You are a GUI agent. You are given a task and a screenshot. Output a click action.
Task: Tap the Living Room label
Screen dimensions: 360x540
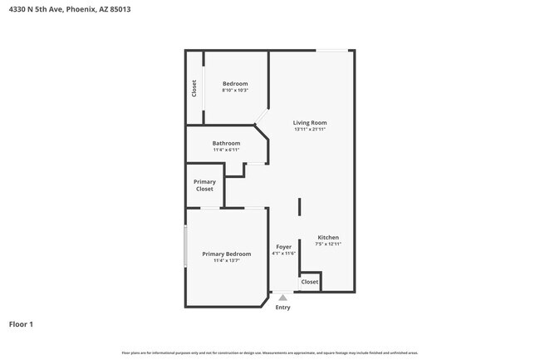tap(310, 123)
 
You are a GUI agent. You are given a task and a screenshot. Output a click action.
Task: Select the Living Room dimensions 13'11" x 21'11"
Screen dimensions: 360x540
tap(310, 130)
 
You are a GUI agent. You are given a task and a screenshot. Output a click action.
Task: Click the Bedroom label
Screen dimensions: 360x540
tap(235, 84)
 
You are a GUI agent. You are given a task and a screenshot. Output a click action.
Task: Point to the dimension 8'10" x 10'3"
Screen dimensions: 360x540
tap(235, 91)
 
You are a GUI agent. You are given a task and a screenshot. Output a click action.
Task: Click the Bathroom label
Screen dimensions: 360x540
tap(226, 143)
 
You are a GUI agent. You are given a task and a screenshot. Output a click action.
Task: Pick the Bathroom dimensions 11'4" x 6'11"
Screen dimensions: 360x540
tap(226, 150)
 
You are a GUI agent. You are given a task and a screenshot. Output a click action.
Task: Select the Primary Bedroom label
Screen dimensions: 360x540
tap(226, 254)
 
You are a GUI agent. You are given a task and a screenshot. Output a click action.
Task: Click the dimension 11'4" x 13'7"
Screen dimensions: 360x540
tap(226, 261)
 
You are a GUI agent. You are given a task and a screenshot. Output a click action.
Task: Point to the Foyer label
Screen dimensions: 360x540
tap(283, 247)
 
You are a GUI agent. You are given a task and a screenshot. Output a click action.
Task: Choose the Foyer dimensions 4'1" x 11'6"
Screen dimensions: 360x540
tap(283, 254)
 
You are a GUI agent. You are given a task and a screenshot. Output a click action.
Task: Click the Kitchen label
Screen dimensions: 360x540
tap(328, 238)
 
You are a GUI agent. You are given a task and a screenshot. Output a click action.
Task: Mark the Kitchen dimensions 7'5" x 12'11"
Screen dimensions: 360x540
tap(328, 244)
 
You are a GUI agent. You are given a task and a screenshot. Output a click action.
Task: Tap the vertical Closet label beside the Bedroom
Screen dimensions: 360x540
tap(194, 88)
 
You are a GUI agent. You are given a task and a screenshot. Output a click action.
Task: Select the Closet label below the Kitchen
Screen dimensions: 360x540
tap(310, 282)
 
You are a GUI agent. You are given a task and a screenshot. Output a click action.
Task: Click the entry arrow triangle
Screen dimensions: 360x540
tap(283, 297)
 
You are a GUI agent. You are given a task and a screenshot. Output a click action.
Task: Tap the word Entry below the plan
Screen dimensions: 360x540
tap(283, 308)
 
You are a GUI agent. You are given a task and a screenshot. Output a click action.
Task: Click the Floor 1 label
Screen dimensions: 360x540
tap(21, 323)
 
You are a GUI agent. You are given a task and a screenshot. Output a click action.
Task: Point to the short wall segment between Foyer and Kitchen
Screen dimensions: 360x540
tap(299, 207)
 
